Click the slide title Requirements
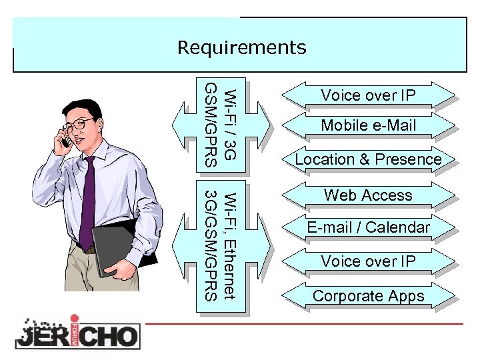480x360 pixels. pos(241,47)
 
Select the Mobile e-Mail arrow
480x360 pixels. pos(368,125)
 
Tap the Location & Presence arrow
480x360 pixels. pos(368,159)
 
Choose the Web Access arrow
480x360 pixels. pos(368,195)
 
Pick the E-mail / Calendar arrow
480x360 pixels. pos(368,227)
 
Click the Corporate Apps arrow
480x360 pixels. pos(368,296)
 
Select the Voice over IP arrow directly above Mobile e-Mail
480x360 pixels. pos(368,96)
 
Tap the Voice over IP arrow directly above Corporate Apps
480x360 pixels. pos(368,261)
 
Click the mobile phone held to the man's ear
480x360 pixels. pos(66,137)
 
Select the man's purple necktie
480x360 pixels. pos(87,200)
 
